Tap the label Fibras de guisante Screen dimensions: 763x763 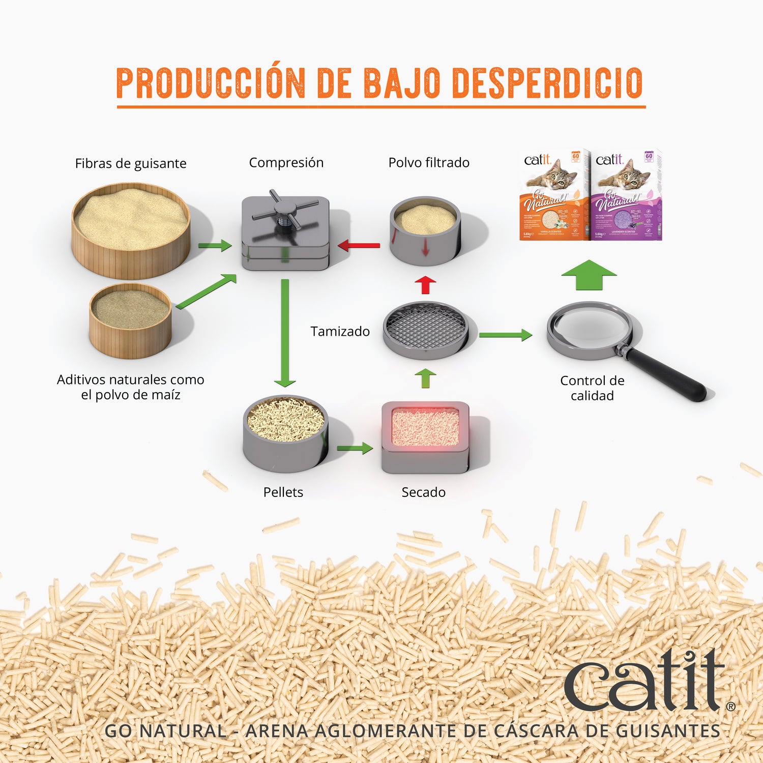point(131,163)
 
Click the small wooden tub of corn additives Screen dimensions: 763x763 point(130,320)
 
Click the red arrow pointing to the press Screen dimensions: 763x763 point(359,246)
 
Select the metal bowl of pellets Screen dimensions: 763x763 point(285,433)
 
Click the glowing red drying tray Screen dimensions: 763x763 point(425,436)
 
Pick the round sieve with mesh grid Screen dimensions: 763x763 point(425,330)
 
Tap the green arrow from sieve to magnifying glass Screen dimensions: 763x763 point(505,335)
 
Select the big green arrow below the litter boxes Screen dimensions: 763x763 point(589,275)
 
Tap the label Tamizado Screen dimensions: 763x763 point(340,332)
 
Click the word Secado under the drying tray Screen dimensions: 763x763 point(423,492)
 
